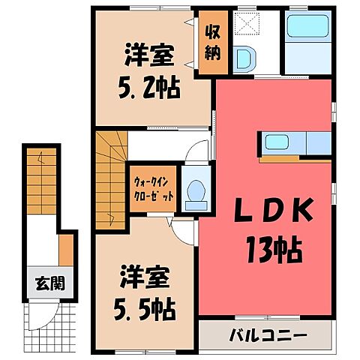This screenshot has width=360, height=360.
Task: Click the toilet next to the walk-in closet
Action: [196, 190]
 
